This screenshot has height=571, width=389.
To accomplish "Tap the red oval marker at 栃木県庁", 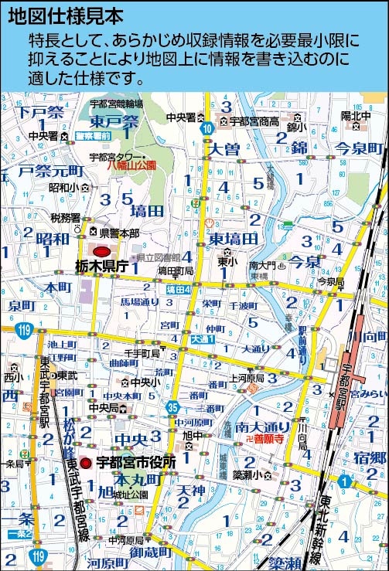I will [101, 251].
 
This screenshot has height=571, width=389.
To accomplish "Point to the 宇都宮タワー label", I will [117, 156].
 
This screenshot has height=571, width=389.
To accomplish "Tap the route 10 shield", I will [205, 131].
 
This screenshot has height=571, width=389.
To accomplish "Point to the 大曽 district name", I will [224, 148].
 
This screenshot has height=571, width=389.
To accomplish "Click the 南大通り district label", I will [263, 426].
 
